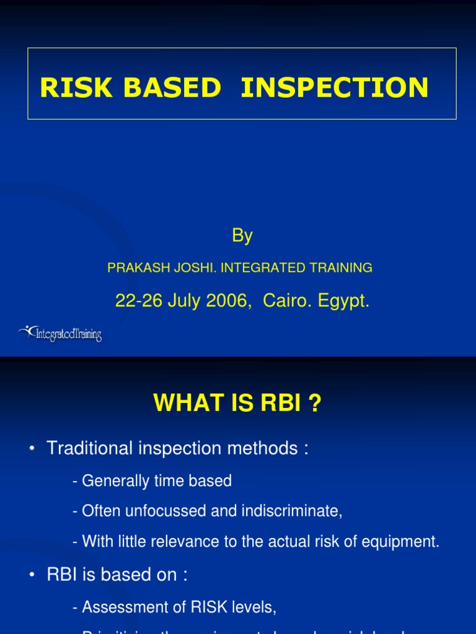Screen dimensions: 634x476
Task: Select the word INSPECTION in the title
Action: click(x=334, y=88)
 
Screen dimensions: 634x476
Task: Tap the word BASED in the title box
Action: click(x=172, y=88)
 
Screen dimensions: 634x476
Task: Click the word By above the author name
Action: click(x=242, y=236)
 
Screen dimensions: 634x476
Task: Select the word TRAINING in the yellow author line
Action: click(x=340, y=268)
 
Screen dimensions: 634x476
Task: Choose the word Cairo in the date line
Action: click(x=284, y=302)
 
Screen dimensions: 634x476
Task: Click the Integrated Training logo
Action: click(x=60, y=334)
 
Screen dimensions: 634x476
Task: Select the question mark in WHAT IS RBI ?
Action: click(x=315, y=404)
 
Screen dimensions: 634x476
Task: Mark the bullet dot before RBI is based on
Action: click(x=32, y=576)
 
